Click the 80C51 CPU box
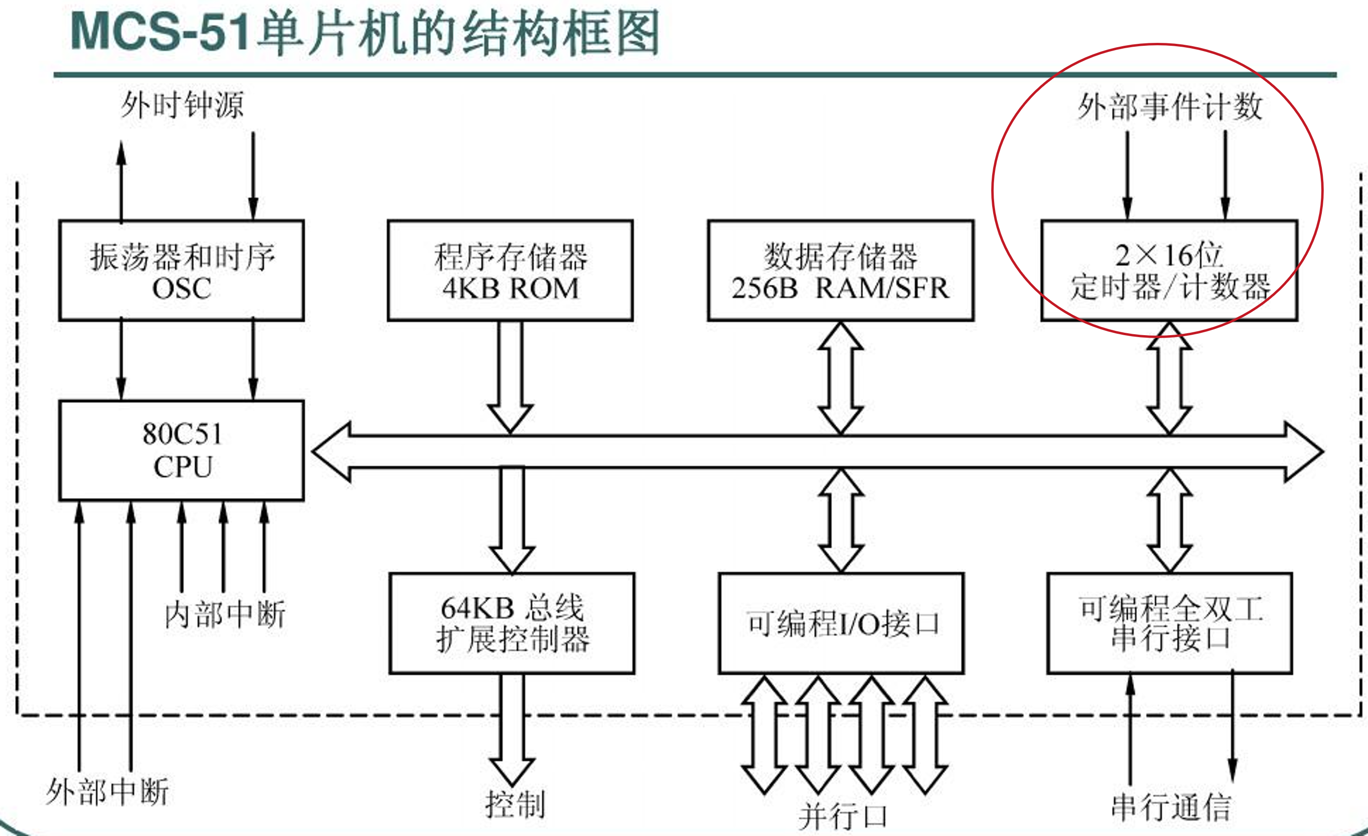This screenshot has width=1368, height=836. pyautogui.click(x=181, y=450)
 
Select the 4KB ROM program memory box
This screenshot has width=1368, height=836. pyautogui.click(x=510, y=271)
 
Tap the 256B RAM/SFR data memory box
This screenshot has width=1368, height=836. pyautogui.click(x=841, y=271)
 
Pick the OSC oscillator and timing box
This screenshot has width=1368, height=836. pyautogui.click(x=181, y=271)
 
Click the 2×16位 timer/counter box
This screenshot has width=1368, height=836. pyautogui.click(x=1169, y=271)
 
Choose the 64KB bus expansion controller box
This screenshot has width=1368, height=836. pyautogui.click(x=511, y=623)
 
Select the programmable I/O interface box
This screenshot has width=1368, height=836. pyautogui.click(x=841, y=623)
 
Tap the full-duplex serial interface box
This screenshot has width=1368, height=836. pyautogui.click(x=1170, y=623)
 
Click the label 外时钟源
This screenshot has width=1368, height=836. pyautogui.click(x=182, y=105)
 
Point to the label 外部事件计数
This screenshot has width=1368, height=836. pyautogui.click(x=1170, y=106)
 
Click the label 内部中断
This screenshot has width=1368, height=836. pyautogui.click(x=225, y=614)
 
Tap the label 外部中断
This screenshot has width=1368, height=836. pyautogui.click(x=107, y=792)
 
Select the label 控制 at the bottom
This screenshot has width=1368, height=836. pyautogui.click(x=515, y=804)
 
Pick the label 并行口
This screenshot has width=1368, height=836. pyautogui.click(x=842, y=817)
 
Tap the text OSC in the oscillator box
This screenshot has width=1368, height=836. pyautogui.click(x=181, y=288)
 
